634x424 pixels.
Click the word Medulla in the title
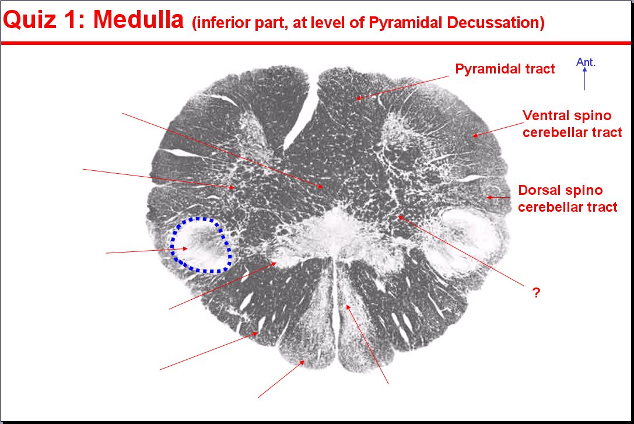[x=138, y=19]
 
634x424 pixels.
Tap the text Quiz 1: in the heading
[x=44, y=19]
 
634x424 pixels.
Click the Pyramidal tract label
[x=505, y=69]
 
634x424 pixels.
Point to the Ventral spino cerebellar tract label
[x=572, y=124]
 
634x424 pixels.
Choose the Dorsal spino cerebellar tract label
[x=568, y=198]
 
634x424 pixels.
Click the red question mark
[x=536, y=292]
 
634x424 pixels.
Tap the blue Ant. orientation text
[x=586, y=62]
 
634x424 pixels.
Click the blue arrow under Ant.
[x=584, y=79]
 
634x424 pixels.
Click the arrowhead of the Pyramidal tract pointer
[x=358, y=98]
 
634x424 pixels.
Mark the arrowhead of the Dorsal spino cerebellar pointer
[x=489, y=198]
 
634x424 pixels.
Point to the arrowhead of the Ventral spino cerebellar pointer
[x=475, y=135]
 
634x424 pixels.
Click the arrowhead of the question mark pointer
[x=400, y=218]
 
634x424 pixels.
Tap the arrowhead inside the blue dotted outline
[x=185, y=248]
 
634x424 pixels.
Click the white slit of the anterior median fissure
[x=300, y=118]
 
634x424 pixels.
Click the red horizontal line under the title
[x=316, y=43]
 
